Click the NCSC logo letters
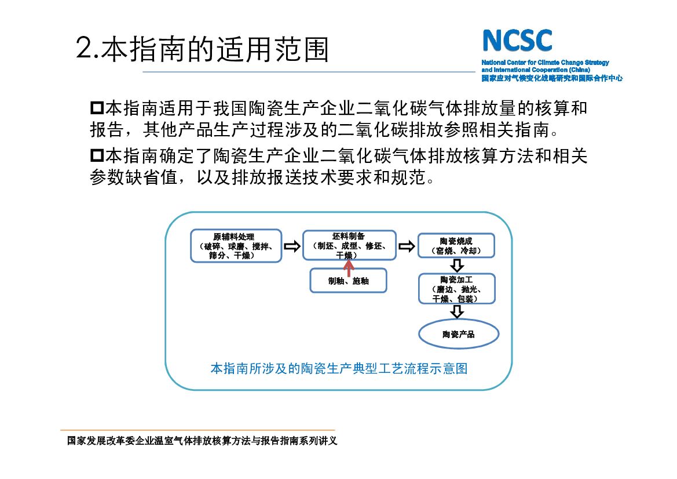point(517,41)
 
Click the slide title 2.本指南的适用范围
point(202,49)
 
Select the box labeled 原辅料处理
point(236,246)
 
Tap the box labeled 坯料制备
point(349,244)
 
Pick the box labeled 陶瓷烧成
point(456,246)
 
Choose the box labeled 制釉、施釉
point(348,281)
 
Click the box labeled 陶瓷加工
point(456,289)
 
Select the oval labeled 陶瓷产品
point(458,334)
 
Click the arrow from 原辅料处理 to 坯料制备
point(292,246)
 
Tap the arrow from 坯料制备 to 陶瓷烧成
point(407,246)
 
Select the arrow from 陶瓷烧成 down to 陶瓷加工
point(457,266)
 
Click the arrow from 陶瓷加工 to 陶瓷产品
point(457,311)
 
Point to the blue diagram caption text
point(338,369)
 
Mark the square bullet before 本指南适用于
point(96,107)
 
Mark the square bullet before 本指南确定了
point(96,155)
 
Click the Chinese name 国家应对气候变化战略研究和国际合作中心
point(551,78)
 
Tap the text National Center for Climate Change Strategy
point(545,63)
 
